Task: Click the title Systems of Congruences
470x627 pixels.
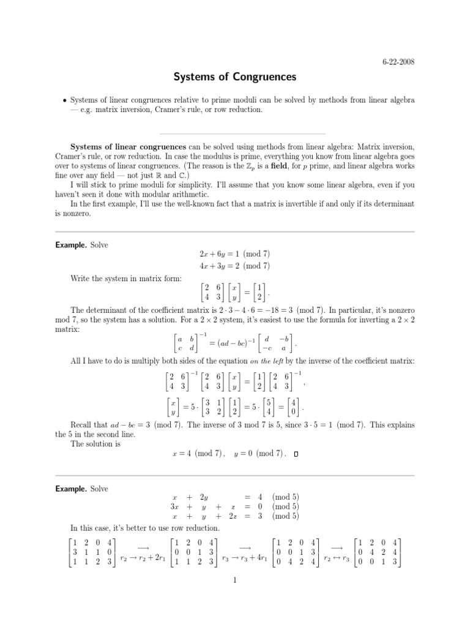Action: [x=235, y=78]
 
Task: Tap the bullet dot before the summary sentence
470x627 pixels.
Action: [x=62, y=100]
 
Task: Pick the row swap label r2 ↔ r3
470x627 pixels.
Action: [x=336, y=558]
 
